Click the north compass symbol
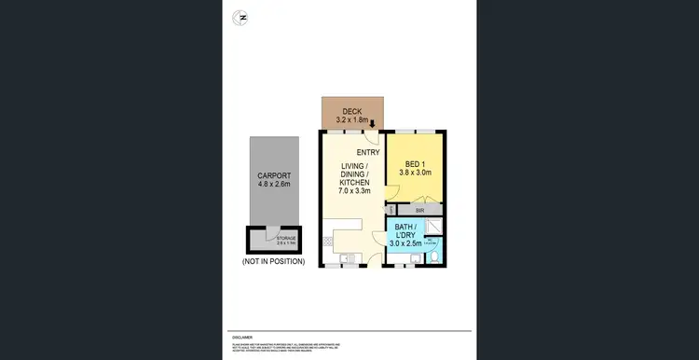242,17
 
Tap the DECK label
352,111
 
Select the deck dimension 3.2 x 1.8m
352,120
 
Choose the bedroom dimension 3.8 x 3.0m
417,174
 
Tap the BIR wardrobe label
420,212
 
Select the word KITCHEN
354,182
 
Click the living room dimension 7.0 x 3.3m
354,191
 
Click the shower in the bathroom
434,225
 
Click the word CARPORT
274,175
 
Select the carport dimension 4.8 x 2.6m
274,185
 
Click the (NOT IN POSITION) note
273,262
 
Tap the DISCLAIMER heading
241,338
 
